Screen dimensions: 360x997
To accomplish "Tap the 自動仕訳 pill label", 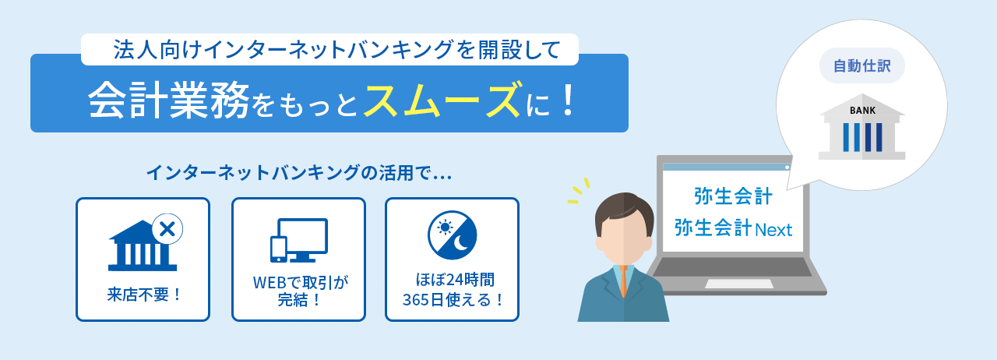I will point(861,66).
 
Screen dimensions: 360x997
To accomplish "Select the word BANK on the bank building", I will point(862,111).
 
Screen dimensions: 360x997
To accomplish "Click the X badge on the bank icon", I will point(166,229).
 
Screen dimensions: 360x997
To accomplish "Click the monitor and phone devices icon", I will point(298,240).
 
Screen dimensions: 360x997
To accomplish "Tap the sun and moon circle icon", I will point(452,235).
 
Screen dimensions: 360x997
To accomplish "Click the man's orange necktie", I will point(623,281).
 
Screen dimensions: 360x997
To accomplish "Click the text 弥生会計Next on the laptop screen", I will point(733,229).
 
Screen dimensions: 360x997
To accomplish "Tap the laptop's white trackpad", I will point(738,284).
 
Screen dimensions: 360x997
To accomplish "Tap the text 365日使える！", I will point(453,299).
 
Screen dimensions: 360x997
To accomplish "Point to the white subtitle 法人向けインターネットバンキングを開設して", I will point(336,50).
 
